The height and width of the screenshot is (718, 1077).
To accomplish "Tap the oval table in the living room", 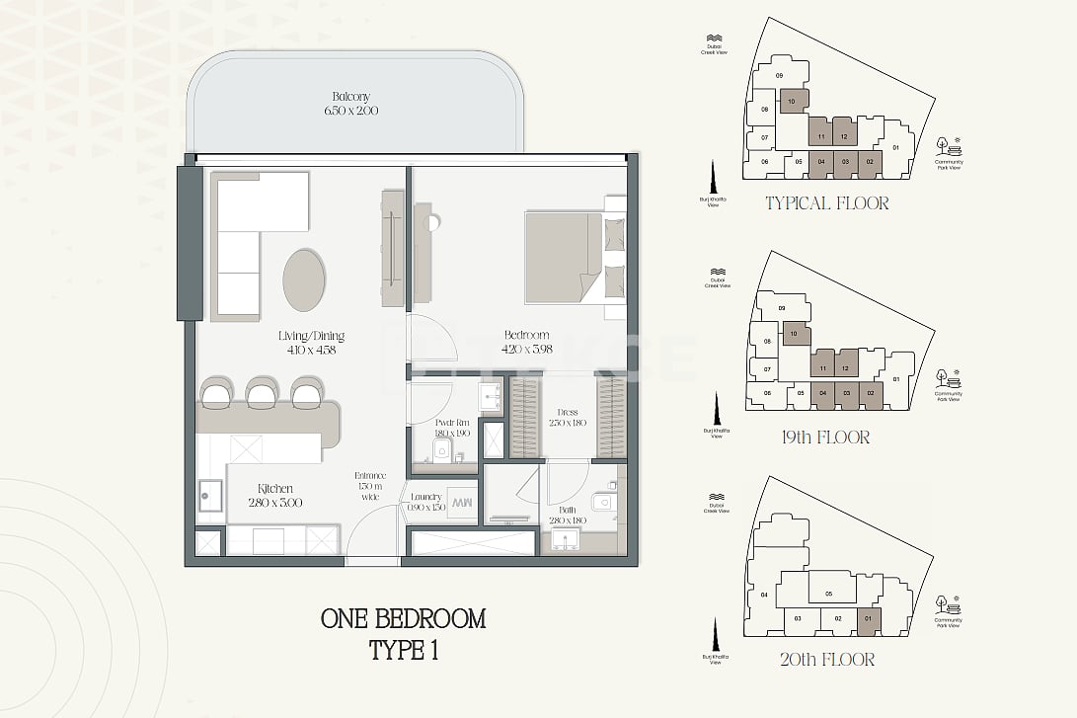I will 304,279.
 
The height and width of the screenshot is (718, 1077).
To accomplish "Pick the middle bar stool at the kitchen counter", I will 261,394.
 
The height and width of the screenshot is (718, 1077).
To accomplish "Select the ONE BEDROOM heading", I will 403,619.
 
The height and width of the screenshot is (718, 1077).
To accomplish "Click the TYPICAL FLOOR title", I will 826,203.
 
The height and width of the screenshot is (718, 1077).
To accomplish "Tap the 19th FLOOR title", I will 826,437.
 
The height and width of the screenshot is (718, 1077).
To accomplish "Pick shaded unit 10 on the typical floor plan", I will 793,102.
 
